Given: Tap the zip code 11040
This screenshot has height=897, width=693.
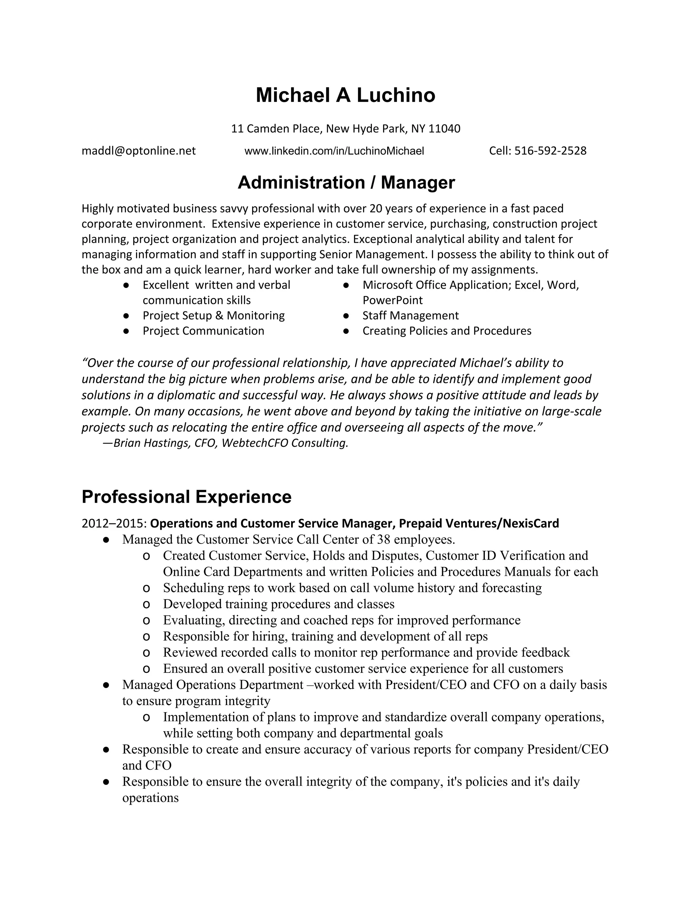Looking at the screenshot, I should pos(444,129).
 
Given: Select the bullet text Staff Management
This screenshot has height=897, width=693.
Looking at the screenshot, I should pos(410,315).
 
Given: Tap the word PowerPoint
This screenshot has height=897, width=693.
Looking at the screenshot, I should pos(393,300).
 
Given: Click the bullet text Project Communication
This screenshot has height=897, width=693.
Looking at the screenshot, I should pos(203,331).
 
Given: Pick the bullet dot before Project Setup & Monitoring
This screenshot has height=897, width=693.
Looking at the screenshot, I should pos(126,316).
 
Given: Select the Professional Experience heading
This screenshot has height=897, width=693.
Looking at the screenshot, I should pos(186,497).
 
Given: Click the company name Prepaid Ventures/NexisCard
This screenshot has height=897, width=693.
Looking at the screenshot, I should pos(479,524).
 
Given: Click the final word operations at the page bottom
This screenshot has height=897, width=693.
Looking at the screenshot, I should pos(150,798).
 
